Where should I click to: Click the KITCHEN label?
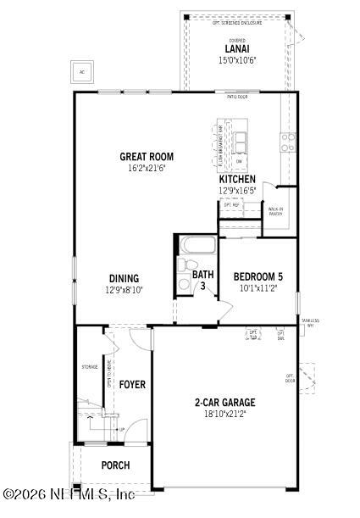pyautogui.click(x=237, y=180)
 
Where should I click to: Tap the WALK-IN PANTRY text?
pyautogui.click(x=275, y=211)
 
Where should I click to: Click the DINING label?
pyautogui.click(x=124, y=278)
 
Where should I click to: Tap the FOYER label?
pyautogui.click(x=131, y=385)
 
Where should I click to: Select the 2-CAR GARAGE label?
pyautogui.click(x=224, y=403)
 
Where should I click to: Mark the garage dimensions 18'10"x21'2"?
pyautogui.click(x=224, y=415)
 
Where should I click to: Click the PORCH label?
pyautogui.click(x=115, y=465)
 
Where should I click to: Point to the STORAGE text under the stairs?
pyautogui.click(x=90, y=367)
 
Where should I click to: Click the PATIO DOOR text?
pyautogui.click(x=237, y=97)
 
